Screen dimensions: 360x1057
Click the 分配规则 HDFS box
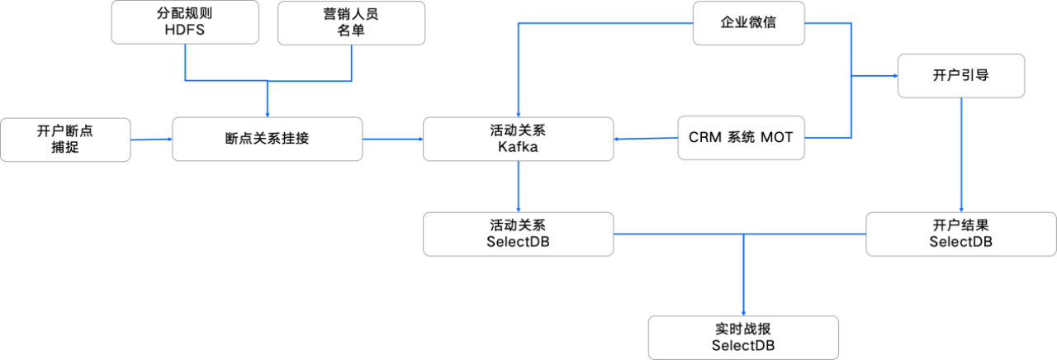(183, 22)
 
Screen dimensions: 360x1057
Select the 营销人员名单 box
(351, 22)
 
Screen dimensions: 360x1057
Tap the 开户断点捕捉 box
(65, 139)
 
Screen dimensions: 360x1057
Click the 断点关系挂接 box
(267, 139)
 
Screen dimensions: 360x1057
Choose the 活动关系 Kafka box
(518, 139)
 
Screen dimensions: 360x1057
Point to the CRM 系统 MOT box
(741, 139)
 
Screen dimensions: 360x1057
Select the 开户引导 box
(960, 75)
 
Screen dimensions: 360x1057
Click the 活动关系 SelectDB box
(518, 234)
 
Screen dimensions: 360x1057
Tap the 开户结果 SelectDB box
(960, 234)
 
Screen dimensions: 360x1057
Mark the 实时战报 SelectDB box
(743, 337)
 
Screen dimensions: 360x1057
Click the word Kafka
(518, 147)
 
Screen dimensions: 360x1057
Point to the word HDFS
(183, 31)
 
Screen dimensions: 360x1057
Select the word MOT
(776, 139)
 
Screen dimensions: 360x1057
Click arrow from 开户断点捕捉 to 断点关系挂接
(151, 140)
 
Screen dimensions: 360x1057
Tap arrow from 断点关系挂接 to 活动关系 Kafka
(393, 139)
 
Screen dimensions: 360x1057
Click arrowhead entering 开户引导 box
(893, 75)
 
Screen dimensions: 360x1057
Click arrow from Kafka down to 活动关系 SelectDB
(518, 187)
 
